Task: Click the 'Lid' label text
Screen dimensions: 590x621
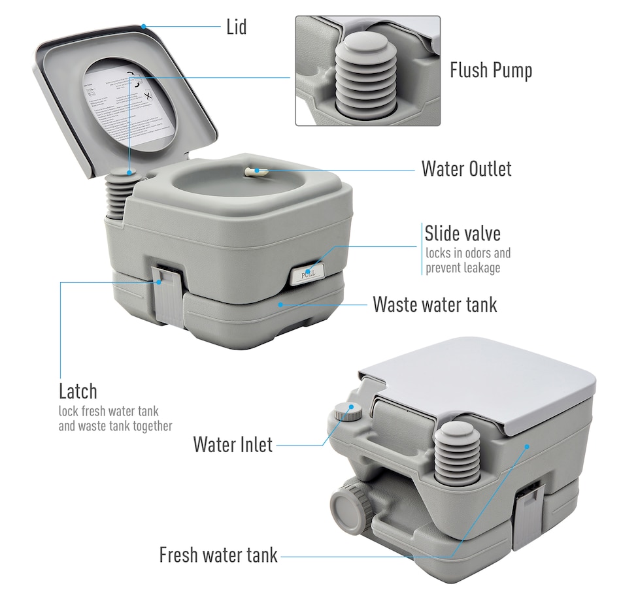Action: coord(236,27)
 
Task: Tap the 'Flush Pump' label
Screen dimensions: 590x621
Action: coord(490,70)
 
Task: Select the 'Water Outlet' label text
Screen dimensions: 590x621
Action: coord(466,169)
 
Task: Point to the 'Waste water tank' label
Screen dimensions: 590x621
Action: coord(435,304)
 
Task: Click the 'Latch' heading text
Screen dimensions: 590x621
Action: coord(78,391)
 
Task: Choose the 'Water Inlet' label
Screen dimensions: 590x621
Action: coord(233,444)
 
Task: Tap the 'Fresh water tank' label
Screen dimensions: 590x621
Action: coord(218,555)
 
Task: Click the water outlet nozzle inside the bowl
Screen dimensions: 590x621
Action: coord(254,171)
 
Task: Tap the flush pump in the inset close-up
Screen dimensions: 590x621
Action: coord(367,72)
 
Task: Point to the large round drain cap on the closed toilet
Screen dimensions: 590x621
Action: coord(346,506)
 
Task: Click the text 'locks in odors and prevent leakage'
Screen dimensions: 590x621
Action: coord(468,260)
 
